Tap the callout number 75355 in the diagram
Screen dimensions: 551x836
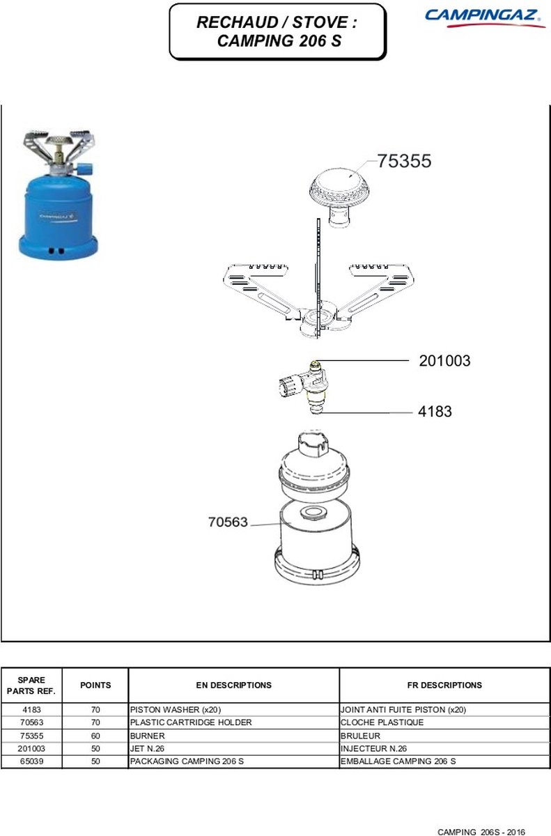[x=405, y=161]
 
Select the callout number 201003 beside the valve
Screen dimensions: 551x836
[x=444, y=361]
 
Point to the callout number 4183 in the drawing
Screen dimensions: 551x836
[x=435, y=411]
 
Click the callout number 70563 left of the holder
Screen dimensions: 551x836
[x=228, y=522]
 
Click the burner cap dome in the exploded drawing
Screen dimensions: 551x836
[x=339, y=185]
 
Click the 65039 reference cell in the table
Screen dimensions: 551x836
[x=32, y=761]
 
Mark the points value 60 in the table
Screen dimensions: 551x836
[x=95, y=736]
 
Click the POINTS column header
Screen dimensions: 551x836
[x=95, y=685]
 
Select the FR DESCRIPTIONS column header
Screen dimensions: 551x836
[x=444, y=685]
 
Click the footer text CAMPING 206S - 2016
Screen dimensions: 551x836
[x=481, y=832]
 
